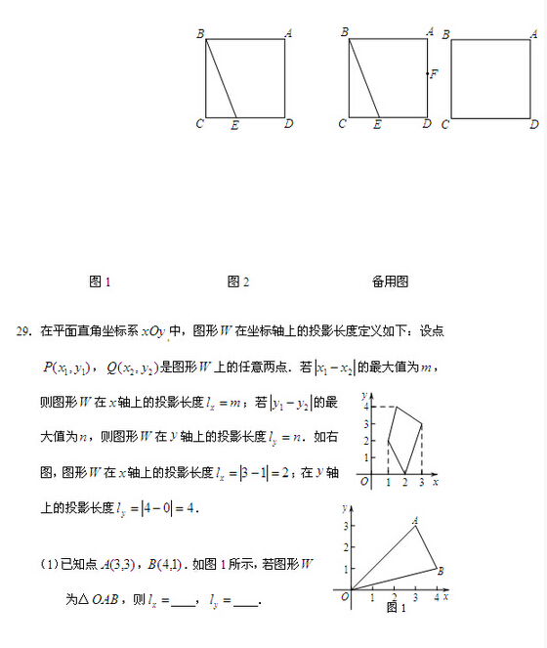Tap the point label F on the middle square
pos(434,74)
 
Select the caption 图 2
pos(237,281)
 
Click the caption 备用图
pos(390,281)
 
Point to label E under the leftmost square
pos(234,125)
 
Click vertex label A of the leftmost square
pos(288,34)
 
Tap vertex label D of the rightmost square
pos(534,125)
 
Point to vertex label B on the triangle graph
pos(442,571)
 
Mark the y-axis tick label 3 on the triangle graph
pos(345,527)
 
